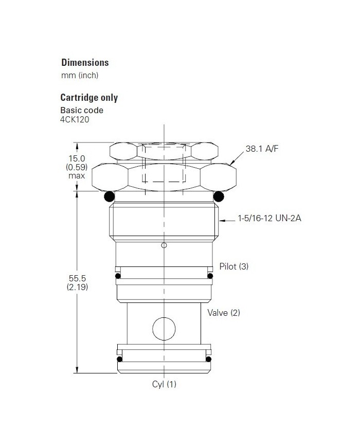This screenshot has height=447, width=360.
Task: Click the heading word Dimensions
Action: pos(85,63)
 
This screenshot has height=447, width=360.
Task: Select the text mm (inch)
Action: pos(80,75)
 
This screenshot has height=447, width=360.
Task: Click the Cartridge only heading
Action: pos(89,97)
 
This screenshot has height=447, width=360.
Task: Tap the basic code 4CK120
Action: pos(75,120)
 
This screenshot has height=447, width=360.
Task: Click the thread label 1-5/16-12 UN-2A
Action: pos(269,219)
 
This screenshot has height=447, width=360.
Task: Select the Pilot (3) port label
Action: pos(233,266)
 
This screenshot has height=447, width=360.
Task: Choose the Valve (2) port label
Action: pos(224,312)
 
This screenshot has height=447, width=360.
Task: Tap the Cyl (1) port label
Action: pos(164,384)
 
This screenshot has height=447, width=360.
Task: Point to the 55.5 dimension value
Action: pos(77,278)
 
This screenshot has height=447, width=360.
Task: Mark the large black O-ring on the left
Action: pos(109,196)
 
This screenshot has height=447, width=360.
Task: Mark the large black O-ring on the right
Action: pos(219,196)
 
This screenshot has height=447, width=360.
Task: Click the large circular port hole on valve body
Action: pos(164,328)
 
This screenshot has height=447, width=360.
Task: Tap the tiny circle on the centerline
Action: pos(164,245)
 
